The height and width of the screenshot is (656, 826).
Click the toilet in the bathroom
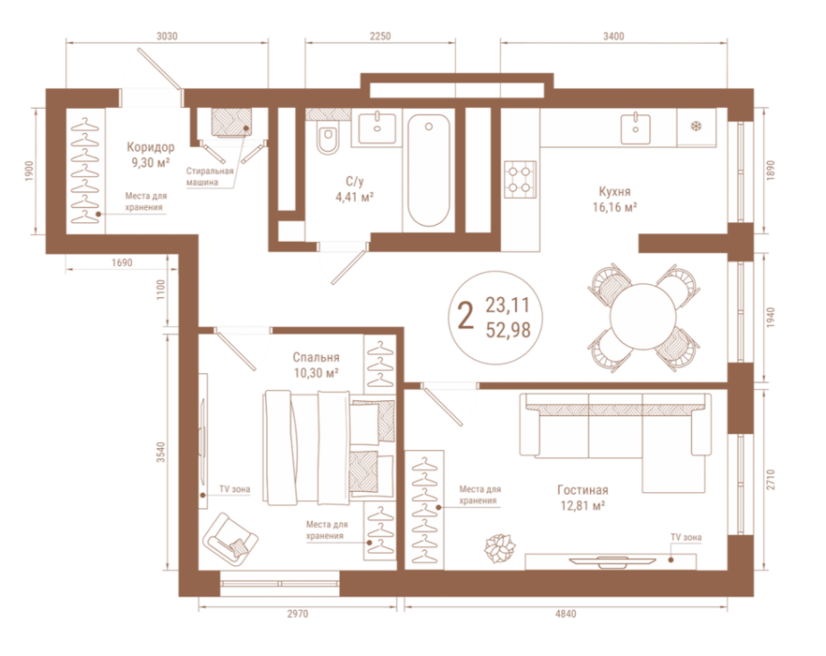click(328, 137)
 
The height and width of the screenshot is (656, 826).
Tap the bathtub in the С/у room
click(429, 171)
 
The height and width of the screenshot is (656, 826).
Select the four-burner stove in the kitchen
click(520, 179)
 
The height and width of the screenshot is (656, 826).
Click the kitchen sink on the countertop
click(635, 128)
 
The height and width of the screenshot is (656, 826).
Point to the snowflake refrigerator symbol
click(697, 127)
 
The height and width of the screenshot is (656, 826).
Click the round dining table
click(642, 317)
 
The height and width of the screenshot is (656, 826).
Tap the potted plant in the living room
click(499, 548)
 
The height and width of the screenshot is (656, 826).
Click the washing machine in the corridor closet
click(231, 123)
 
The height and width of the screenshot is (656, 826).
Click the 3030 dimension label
click(167, 37)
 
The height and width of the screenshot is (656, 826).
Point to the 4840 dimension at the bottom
click(566, 614)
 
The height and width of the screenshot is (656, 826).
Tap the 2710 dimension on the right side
click(771, 479)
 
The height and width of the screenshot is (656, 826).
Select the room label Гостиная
click(583, 490)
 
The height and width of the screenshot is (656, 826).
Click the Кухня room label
click(614, 191)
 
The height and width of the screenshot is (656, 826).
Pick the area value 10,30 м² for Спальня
click(317, 373)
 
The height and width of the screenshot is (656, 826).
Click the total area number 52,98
click(508, 330)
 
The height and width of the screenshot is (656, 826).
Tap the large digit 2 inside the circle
click(465, 315)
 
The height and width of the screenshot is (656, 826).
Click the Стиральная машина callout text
click(210, 177)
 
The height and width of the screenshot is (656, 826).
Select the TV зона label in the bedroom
click(235, 489)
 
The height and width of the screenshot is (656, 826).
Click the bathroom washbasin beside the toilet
click(376, 128)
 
